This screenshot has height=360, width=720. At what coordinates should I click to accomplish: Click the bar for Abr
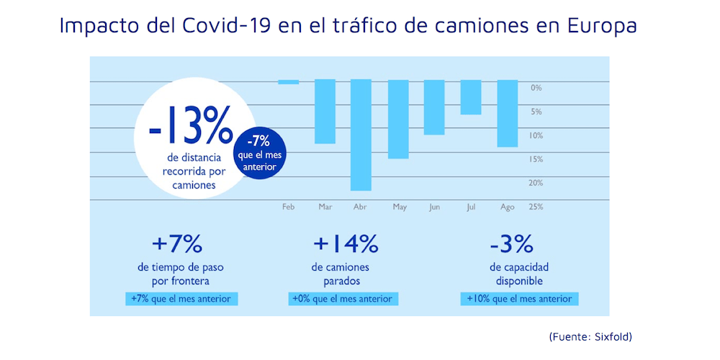coord(361,135)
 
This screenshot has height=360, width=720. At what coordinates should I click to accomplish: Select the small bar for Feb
coord(289,81)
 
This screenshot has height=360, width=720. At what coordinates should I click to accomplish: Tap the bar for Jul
coord(471,97)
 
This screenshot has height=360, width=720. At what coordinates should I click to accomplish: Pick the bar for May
coord(398,119)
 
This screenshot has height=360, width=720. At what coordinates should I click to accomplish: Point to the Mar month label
coord(325,207)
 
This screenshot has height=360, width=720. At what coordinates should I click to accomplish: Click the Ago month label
coord(507,207)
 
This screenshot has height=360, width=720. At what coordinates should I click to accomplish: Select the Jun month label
coord(434,207)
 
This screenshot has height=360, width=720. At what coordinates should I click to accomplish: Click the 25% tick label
coord(536,207)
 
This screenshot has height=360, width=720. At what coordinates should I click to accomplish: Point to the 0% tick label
coord(536,88)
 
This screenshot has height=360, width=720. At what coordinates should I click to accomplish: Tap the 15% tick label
coord(536,159)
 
